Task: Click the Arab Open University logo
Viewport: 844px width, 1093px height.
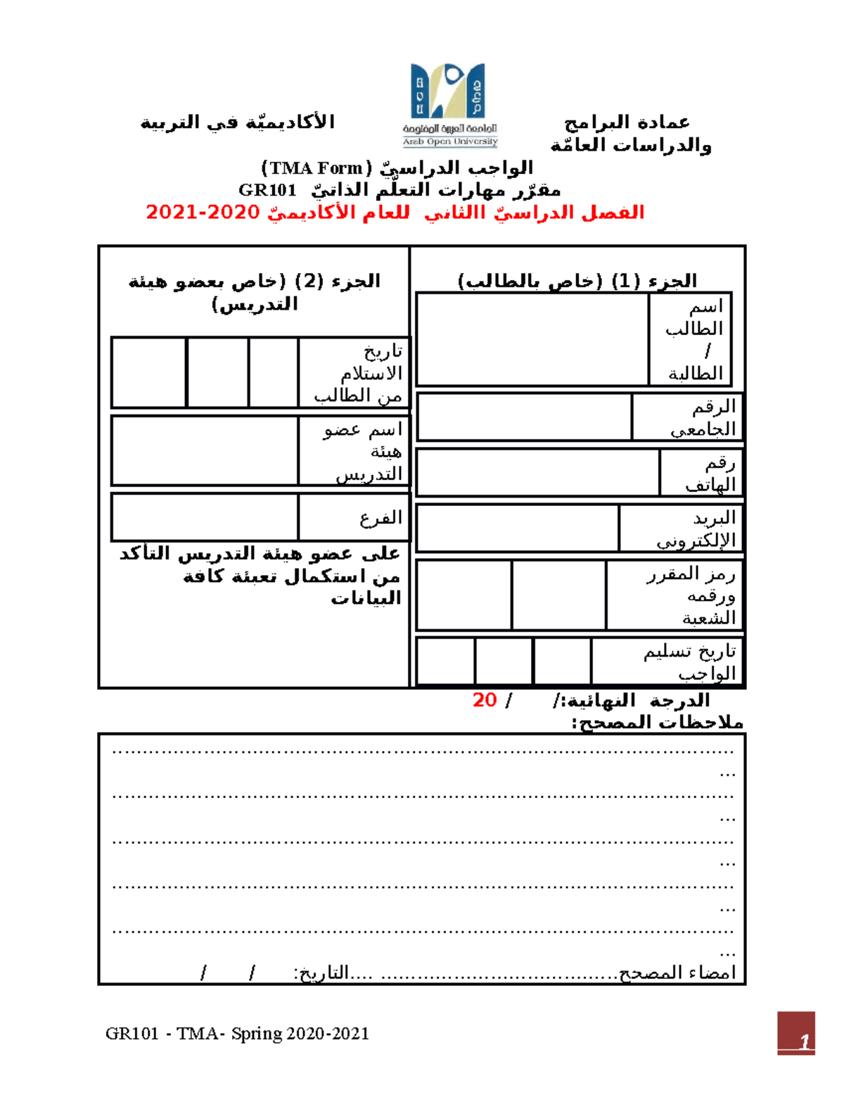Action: pos(449,104)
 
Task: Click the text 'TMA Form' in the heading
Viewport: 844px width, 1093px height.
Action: pos(317,168)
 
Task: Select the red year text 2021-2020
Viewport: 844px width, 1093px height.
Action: pos(203,212)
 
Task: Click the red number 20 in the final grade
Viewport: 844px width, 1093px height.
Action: pos(485,700)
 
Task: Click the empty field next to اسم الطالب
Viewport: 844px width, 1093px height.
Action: pos(532,339)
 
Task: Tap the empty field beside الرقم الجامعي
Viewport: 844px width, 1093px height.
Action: pos(524,417)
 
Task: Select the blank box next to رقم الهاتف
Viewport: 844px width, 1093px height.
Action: pos(538,473)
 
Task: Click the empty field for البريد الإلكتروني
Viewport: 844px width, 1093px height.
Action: pos(518,528)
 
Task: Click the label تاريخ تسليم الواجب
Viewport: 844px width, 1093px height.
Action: pos(689,662)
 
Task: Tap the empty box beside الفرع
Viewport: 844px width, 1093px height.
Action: pos(205,517)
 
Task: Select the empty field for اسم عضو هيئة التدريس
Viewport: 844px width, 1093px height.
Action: pos(205,450)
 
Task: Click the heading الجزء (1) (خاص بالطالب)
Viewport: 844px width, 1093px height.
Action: pos(577,281)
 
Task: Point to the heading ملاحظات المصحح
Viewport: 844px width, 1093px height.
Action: pos(657,722)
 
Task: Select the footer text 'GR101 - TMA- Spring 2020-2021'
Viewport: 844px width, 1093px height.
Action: pos(237,1033)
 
